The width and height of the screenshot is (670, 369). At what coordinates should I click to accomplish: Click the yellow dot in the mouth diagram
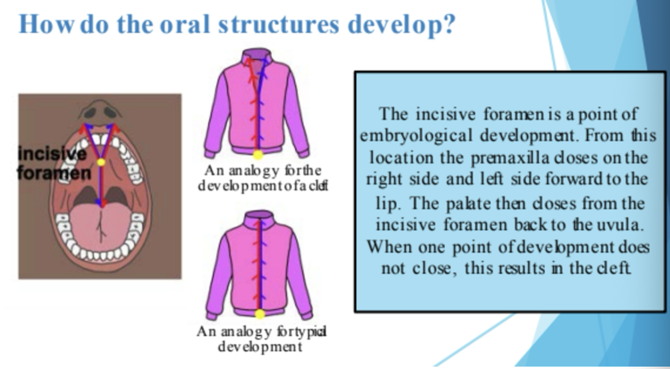click(x=101, y=162)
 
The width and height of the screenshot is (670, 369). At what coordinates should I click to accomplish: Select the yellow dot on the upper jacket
click(x=257, y=154)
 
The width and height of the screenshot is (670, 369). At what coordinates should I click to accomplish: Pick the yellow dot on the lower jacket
click(x=260, y=314)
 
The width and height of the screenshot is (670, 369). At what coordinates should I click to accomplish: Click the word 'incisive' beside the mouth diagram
click(x=52, y=154)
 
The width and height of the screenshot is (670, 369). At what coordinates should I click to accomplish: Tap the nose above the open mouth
click(x=100, y=110)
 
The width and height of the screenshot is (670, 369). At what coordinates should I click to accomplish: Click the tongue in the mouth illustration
click(x=101, y=227)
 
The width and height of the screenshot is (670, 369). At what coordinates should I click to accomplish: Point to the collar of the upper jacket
click(x=257, y=56)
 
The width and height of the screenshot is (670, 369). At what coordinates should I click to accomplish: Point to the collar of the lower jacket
click(x=259, y=216)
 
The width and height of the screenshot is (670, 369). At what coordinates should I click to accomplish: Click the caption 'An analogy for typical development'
click(x=261, y=338)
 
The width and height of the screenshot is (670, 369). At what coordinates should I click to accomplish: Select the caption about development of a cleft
click(x=263, y=178)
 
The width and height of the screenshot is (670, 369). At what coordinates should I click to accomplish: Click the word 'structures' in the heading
click(x=278, y=25)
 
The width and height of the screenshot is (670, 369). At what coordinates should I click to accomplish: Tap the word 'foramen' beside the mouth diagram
click(x=54, y=173)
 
